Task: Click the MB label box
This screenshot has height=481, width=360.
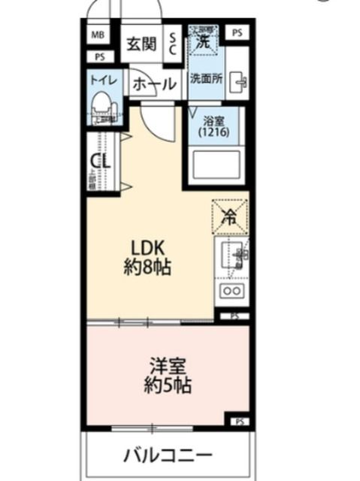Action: pyautogui.click(x=98, y=35)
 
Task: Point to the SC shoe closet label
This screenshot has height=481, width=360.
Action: pyautogui.click(x=172, y=43)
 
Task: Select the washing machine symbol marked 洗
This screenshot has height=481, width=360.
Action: pyautogui.click(x=202, y=41)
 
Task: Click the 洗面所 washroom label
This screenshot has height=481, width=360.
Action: pyautogui.click(x=204, y=78)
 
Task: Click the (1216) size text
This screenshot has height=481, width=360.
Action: pyautogui.click(x=214, y=132)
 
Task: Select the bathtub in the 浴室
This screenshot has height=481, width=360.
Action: pyautogui.click(x=215, y=164)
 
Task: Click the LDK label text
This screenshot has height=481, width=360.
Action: pyautogui.click(x=148, y=249)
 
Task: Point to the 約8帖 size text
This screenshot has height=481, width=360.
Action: pyautogui.click(x=148, y=267)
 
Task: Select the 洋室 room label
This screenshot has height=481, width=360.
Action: pyautogui.click(x=167, y=368)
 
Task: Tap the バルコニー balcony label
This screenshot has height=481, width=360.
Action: pyautogui.click(x=168, y=455)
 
